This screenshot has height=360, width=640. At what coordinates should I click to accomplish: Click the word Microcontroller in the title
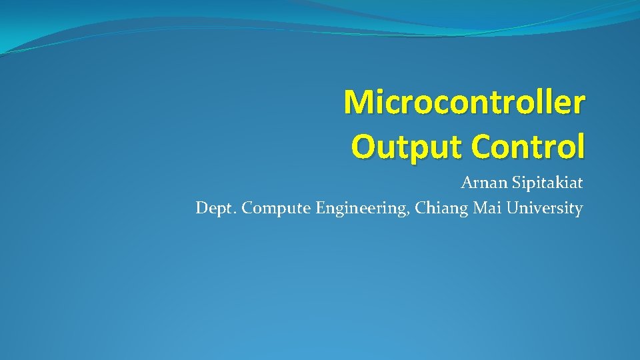point(465,102)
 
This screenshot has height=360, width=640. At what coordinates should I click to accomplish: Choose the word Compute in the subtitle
point(277,209)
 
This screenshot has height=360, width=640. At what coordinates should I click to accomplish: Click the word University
point(544,209)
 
